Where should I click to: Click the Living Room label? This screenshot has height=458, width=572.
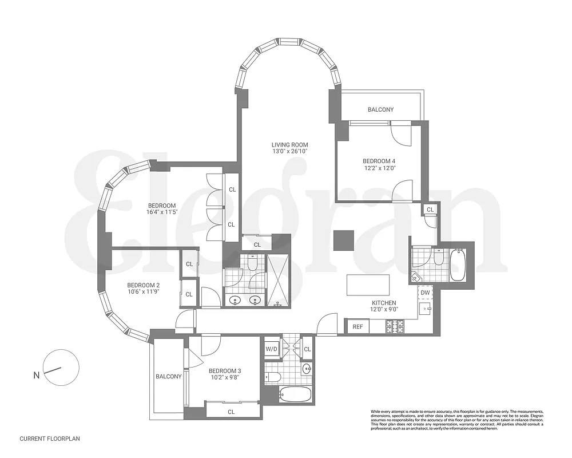tap(290, 145)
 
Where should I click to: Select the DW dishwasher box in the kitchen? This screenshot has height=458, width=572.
tap(425, 293)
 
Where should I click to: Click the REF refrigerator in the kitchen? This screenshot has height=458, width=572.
tap(357, 327)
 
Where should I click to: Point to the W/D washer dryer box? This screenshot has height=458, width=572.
tap(271, 349)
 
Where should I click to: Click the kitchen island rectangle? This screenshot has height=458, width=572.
tap(368, 285)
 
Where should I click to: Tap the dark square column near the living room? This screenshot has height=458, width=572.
tap(344, 240)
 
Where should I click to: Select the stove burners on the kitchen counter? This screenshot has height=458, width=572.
tap(395, 326)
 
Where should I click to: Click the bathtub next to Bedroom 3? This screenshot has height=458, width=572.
tap(295, 394)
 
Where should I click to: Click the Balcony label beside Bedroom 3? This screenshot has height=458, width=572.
tap(168, 376)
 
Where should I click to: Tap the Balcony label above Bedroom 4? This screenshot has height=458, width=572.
tap(380, 109)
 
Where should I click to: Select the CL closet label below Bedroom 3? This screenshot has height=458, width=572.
tap(231, 412)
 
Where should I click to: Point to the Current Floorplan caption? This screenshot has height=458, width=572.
tap(50, 439)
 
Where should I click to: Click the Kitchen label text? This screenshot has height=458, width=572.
tap(384, 303)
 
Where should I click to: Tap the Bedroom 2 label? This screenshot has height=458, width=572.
tap(143, 286)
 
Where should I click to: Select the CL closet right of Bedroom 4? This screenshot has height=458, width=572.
tap(430, 210)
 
